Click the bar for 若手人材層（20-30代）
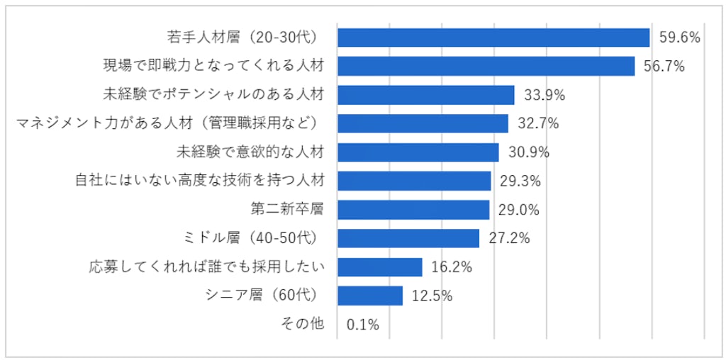[x=493, y=38]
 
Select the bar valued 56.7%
[x=486, y=66]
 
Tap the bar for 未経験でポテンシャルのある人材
[x=425, y=95]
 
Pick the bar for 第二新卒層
[x=413, y=210]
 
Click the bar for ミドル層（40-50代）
[x=408, y=238]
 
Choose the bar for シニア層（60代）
[x=370, y=296]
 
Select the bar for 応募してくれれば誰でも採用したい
[x=380, y=267]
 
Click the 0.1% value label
[x=363, y=325]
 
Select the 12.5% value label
[x=431, y=296]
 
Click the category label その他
[x=303, y=324]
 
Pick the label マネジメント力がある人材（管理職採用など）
[x=170, y=123]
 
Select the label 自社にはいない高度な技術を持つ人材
[x=200, y=181]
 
